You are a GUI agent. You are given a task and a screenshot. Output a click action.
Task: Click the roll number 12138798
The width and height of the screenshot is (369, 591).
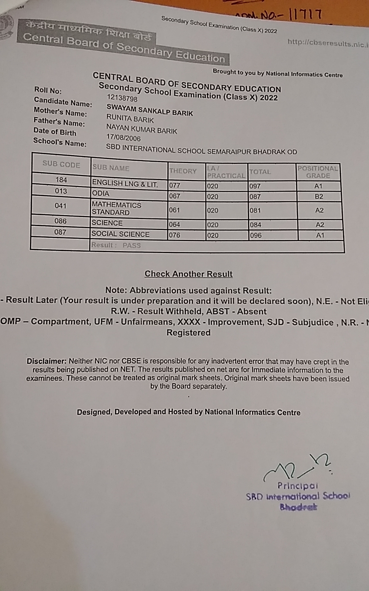tap(122, 98)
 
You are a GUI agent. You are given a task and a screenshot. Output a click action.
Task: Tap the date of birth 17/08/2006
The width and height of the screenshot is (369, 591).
tap(124, 138)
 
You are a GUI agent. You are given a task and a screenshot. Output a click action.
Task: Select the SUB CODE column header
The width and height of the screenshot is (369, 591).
tap(61, 165)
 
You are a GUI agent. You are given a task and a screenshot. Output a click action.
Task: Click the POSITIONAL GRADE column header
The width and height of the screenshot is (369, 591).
tap(318, 172)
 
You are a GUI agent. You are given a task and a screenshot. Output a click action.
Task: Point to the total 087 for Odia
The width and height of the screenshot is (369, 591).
tap(255, 196)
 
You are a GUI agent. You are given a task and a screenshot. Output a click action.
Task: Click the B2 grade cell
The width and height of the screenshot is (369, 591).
tap(319, 196)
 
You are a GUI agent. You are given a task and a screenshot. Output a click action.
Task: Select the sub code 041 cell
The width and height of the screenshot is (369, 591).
tap(60, 206)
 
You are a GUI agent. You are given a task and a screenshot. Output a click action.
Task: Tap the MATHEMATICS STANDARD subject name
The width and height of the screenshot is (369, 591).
tap(117, 209)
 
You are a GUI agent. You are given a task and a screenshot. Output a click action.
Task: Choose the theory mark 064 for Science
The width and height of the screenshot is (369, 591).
tap(174, 225)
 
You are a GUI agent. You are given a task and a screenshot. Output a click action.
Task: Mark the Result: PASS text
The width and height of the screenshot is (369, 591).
tap(116, 245)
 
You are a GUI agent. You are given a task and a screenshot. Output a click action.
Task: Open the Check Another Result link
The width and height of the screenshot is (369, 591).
tap(189, 274)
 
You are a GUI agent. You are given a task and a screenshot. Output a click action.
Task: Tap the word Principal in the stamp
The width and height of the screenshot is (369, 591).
tap(298, 485)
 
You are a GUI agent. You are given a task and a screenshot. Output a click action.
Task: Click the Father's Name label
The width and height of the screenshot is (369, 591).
tap(60, 122)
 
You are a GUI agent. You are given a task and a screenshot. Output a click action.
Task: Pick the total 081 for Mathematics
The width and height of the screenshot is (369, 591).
tap(255, 211)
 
